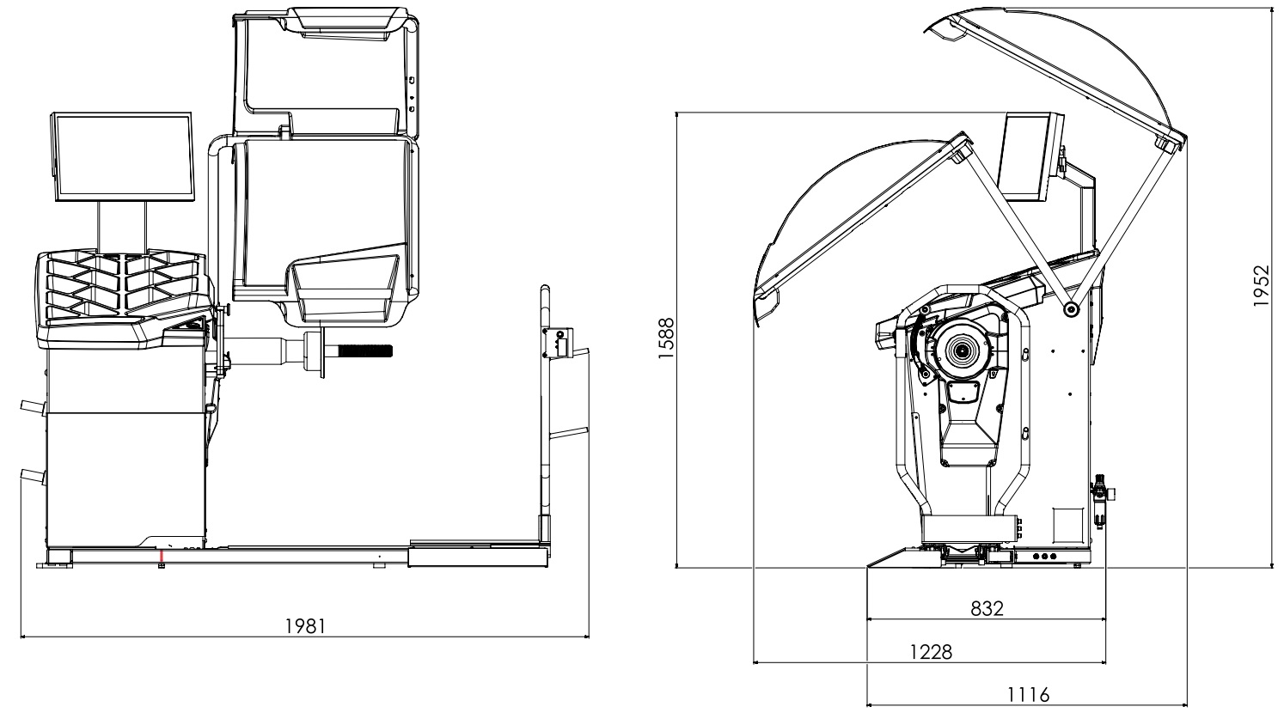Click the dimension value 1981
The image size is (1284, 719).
305,625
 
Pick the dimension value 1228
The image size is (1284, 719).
931,651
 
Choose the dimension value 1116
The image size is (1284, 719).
1029,694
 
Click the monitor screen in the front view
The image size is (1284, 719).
122,157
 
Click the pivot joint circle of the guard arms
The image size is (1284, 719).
1070,310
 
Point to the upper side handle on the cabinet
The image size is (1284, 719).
30,406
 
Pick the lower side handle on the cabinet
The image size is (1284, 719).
30,474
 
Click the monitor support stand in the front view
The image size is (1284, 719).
121,227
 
